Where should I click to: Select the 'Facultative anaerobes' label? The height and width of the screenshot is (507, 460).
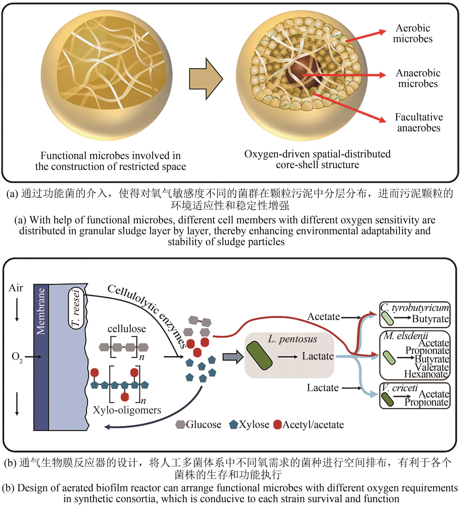pos(419,123)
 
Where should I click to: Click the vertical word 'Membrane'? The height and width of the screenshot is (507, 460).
pos(41,311)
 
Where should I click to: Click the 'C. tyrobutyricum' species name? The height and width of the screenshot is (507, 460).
pos(414,307)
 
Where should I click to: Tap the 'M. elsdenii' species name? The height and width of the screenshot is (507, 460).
pos(406,336)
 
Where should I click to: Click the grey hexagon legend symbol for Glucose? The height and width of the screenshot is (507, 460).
pos(180,424)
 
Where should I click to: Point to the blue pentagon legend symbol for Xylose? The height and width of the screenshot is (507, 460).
pos(233,424)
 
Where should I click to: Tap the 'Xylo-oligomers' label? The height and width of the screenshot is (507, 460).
pos(127,410)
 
